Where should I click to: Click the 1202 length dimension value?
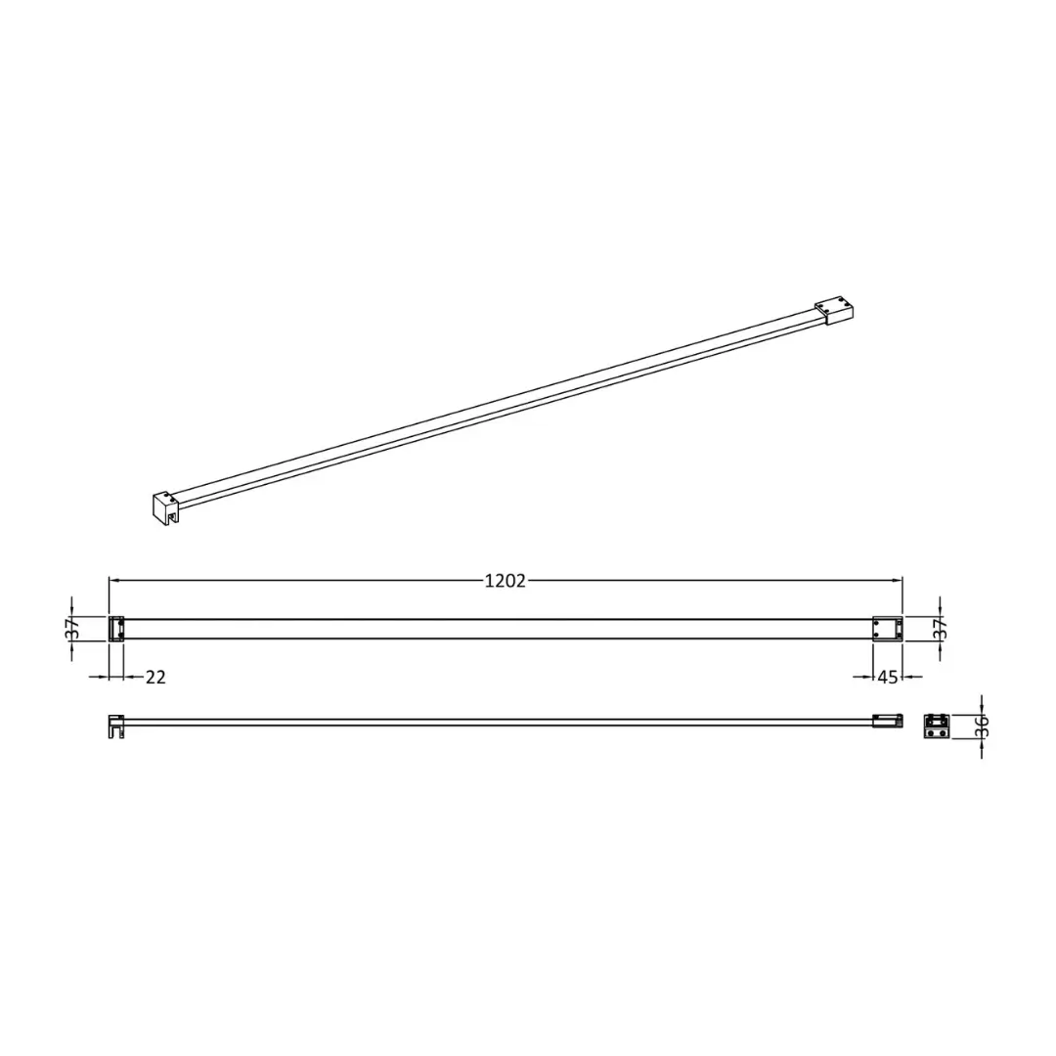click(506, 581)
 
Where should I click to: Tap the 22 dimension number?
click(155, 677)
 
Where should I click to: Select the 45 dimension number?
click(888, 677)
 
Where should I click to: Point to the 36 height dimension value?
click(982, 726)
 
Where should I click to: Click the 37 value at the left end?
click(74, 629)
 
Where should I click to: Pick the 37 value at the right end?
click(941, 629)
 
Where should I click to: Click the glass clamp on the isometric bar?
click(165, 507)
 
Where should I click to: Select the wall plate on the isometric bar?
click(835, 312)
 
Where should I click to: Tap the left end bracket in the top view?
click(116, 629)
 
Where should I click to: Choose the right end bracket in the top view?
click(888, 629)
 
